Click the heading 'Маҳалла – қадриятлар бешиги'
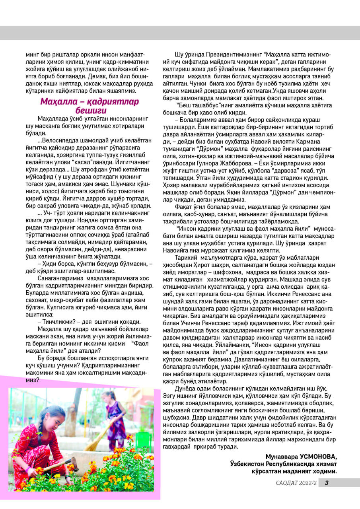point(90,105)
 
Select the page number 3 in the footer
point(327,483)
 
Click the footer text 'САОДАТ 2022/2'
point(296,483)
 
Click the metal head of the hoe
point(73,462)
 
